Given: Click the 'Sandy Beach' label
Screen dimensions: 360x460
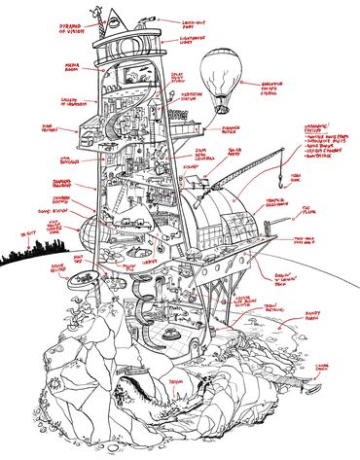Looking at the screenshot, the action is (311, 331).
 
